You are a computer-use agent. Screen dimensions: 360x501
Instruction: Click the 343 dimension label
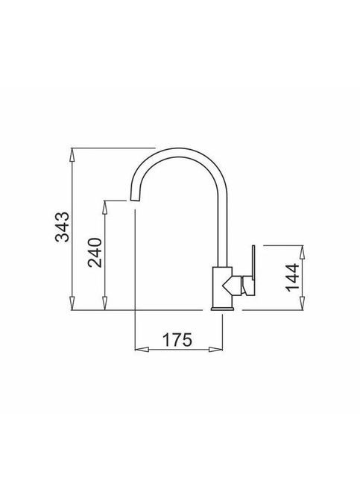62,226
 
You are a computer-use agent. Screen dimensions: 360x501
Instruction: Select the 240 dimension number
95,253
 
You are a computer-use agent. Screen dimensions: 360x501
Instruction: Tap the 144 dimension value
292,277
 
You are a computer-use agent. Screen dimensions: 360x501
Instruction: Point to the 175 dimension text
177,340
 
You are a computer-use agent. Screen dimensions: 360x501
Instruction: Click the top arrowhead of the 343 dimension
73,156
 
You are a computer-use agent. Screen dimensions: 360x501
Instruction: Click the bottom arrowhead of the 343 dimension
73,303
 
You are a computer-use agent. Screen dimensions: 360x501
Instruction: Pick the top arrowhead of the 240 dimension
104,208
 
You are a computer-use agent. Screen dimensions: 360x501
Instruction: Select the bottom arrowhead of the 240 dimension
104,303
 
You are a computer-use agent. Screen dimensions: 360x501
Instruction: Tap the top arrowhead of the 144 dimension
302,253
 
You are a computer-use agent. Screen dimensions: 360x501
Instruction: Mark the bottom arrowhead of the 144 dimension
302,303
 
